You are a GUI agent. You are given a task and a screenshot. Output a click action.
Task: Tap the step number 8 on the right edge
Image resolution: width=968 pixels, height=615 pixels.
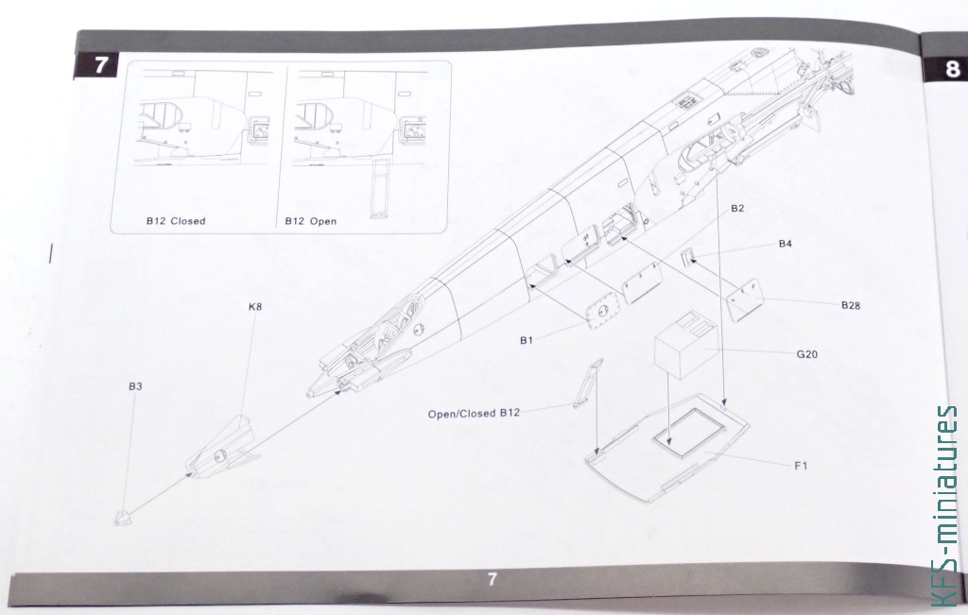[x=953, y=68]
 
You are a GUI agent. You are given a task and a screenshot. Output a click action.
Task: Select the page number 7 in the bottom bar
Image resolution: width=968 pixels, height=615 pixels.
[x=492, y=579]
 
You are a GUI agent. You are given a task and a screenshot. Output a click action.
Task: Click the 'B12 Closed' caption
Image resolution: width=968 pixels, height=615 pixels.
[x=176, y=221]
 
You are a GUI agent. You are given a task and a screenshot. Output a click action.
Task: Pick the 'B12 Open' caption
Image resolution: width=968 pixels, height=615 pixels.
[x=311, y=221]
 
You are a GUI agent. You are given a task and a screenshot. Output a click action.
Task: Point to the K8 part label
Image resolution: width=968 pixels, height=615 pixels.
[x=255, y=306]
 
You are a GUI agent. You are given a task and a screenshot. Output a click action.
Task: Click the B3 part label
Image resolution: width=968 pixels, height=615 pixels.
[x=135, y=386]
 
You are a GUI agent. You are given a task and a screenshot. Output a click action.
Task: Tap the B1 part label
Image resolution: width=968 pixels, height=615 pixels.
[x=526, y=340]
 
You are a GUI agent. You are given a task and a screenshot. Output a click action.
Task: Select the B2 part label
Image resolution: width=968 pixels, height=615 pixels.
[x=737, y=209]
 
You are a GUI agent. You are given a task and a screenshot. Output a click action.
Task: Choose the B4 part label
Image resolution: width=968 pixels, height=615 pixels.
[x=785, y=244]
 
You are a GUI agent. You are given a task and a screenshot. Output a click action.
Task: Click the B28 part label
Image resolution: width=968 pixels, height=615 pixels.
[x=851, y=305]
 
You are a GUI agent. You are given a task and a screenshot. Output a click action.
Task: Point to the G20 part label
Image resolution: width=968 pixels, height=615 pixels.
[x=807, y=354]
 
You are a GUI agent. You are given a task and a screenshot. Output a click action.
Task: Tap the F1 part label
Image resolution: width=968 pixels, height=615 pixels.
[x=801, y=466]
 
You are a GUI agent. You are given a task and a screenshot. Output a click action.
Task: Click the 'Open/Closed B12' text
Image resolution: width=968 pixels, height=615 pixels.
[x=475, y=413]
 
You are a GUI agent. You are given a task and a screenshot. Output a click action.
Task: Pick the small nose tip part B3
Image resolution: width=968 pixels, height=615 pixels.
[x=122, y=518]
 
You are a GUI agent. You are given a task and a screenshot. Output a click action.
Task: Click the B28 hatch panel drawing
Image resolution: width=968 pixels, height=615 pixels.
[x=745, y=299]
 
